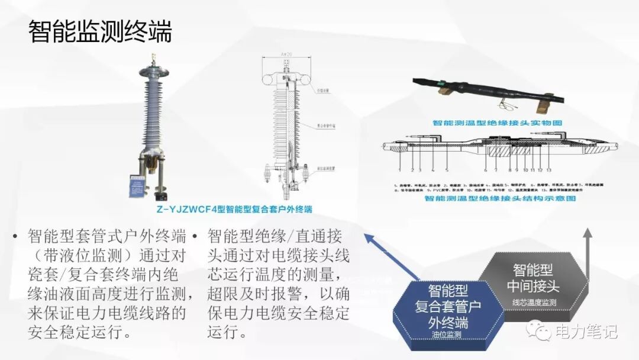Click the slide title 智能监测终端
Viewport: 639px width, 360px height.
pyautogui.click(x=100, y=31)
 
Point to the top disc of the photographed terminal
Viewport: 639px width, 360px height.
pyautogui.click(x=154, y=73)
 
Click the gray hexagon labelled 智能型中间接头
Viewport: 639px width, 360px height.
pyautogui.click(x=533, y=278)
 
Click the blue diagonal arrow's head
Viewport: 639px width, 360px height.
pyautogui.click(x=367, y=236)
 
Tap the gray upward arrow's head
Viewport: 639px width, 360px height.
pyautogui.click(x=588, y=233)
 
